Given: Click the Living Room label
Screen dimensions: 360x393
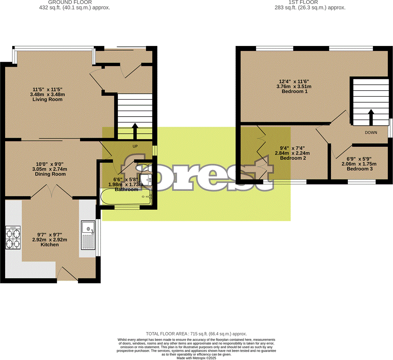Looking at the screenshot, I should tap(48, 99).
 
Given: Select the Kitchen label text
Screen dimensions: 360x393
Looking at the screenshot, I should tap(50, 245).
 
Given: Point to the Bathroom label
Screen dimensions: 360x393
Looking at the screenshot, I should tap(126, 190).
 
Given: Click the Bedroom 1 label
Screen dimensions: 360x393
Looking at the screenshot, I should tap(294, 91).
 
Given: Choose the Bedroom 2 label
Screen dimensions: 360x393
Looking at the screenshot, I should tap(293, 158).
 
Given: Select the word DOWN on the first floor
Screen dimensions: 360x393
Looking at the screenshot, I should tap(371, 133).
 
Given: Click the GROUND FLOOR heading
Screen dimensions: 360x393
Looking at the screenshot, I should tap(73, 2).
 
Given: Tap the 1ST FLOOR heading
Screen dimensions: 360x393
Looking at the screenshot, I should tap(310, 2).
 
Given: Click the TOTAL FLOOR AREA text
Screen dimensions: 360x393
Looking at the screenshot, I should tap(196, 333).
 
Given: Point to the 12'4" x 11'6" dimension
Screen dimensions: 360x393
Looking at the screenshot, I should tap(294, 81).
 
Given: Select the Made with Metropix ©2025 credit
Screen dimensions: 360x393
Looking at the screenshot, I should tap(196, 358).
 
